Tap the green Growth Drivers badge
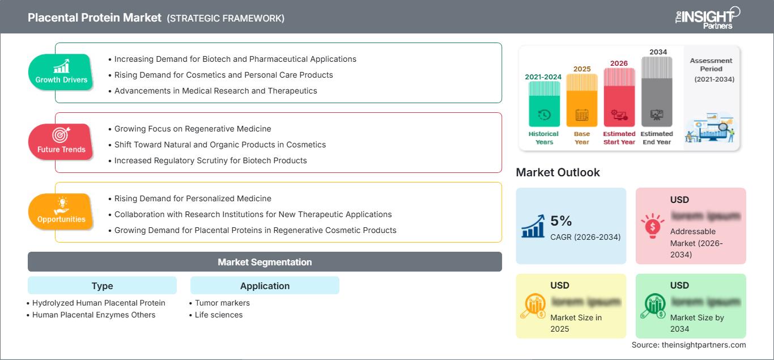(x=61, y=72)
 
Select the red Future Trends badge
(x=61, y=142)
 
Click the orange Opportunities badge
(x=61, y=211)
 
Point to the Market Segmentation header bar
(x=265, y=262)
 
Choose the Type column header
(x=102, y=286)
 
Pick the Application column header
(x=265, y=286)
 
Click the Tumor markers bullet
(x=222, y=303)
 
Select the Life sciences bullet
(x=218, y=315)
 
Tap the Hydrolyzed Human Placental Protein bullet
(x=99, y=303)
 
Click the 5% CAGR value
(x=561, y=221)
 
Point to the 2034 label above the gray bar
(x=658, y=52)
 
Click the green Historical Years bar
(x=544, y=103)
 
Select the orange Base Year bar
(x=582, y=99)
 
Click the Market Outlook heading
(x=558, y=172)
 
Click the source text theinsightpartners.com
(x=688, y=345)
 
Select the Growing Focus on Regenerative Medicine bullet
(x=193, y=129)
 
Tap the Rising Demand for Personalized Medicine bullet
(x=193, y=198)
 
